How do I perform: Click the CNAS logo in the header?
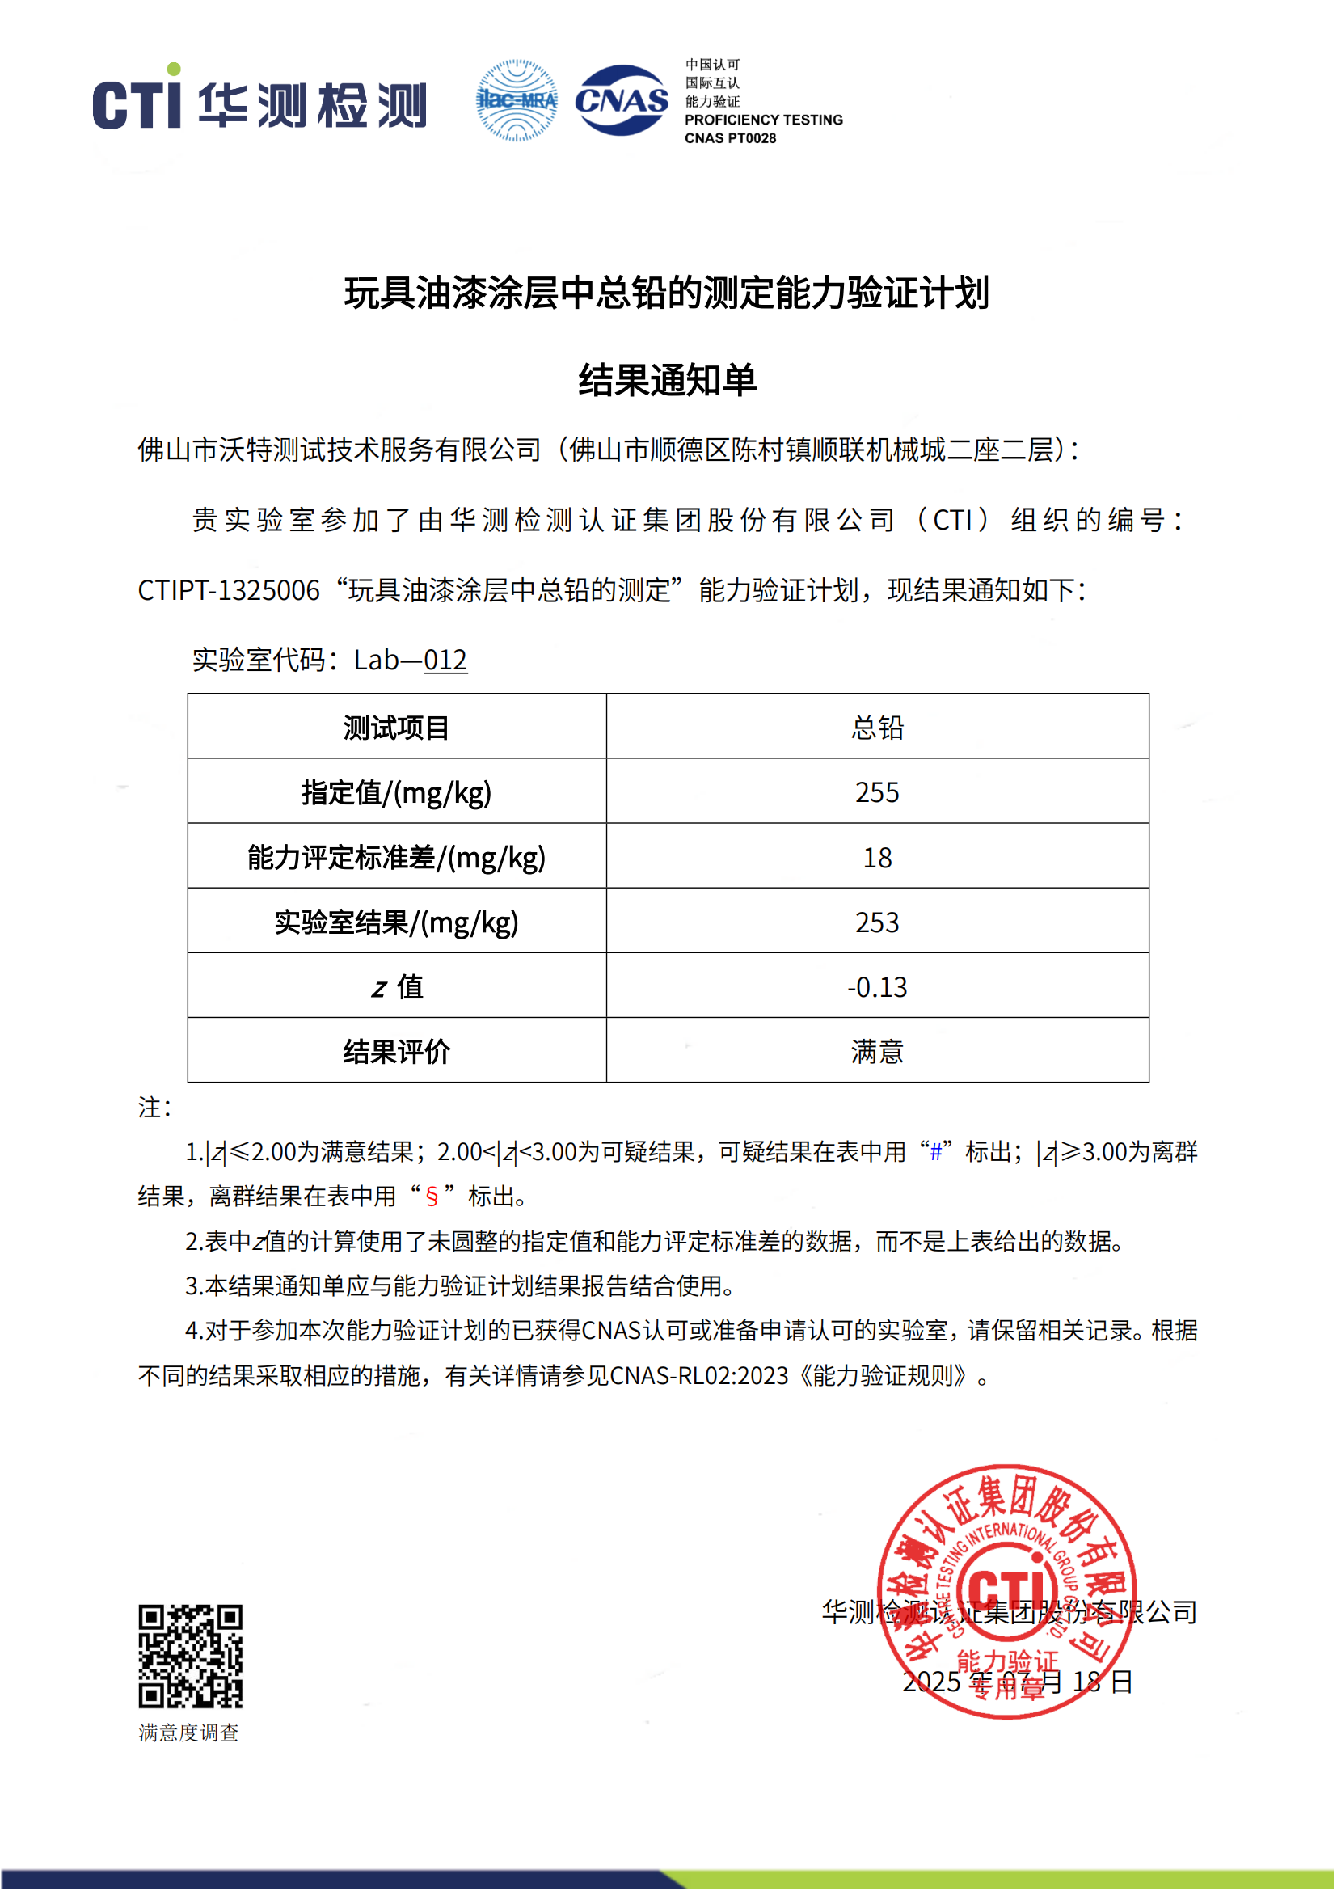(x=622, y=100)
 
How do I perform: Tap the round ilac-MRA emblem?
(x=517, y=100)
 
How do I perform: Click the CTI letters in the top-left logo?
(x=137, y=103)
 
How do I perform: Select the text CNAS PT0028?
(x=730, y=138)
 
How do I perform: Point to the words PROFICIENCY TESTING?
(x=763, y=120)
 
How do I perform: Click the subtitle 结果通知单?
(x=667, y=381)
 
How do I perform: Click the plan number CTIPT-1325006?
(x=229, y=590)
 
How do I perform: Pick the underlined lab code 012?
(x=445, y=661)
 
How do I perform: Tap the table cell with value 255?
(x=877, y=792)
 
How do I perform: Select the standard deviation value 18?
(x=877, y=857)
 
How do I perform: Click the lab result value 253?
(x=877, y=922)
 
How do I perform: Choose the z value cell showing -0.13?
(x=877, y=986)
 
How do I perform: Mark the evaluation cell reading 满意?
(x=877, y=1052)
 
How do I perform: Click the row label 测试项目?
(x=396, y=728)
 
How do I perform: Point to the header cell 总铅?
(x=877, y=728)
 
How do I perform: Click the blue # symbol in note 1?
(x=935, y=1152)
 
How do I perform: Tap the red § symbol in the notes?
(x=432, y=1197)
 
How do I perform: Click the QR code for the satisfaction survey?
(x=190, y=1657)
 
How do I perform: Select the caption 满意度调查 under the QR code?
(x=188, y=1733)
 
